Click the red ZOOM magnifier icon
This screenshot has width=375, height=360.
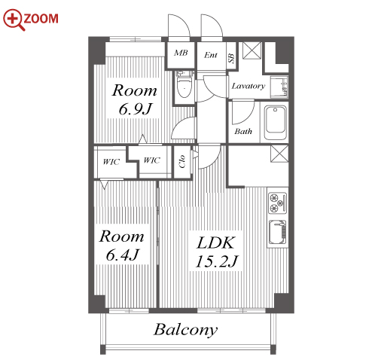click(14, 20)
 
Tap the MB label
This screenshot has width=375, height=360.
click(181, 53)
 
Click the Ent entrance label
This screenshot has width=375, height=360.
click(210, 55)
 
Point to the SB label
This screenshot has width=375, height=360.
click(231, 58)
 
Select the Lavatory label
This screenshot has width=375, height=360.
click(248, 86)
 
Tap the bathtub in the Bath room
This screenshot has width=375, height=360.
click(276, 123)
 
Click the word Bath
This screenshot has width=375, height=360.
click(243, 131)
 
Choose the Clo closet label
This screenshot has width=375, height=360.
click(182, 161)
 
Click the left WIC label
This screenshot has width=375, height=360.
click(111, 162)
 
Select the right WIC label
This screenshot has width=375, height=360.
click(151, 160)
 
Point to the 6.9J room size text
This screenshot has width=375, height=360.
click(135, 109)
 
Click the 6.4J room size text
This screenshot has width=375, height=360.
click(122, 255)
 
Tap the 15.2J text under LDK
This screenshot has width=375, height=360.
click(216, 261)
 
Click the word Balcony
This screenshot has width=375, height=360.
click(185, 330)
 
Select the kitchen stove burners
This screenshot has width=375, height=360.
click(277, 203)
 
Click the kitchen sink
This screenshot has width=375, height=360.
click(277, 232)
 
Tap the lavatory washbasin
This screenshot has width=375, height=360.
click(279, 87)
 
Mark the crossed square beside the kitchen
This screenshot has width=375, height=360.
click(279, 154)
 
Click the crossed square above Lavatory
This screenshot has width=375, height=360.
click(252, 50)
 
